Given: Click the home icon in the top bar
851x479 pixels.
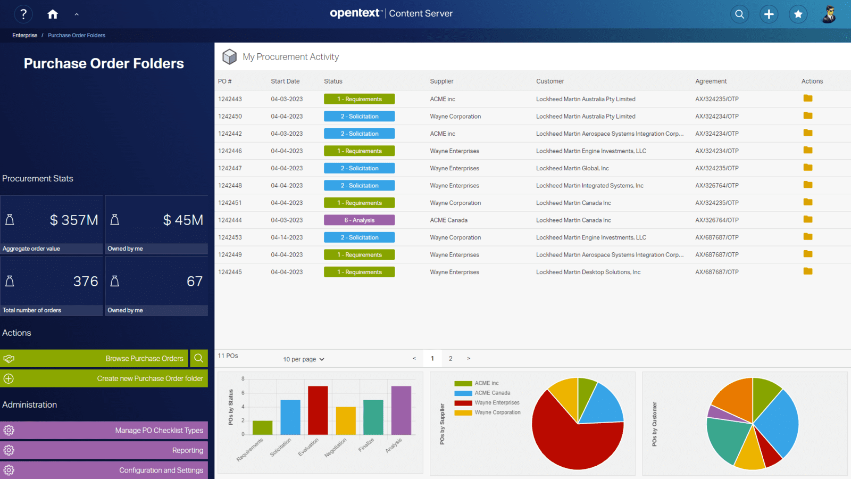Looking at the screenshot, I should (52, 14).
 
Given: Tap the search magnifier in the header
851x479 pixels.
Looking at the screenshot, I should (739, 14).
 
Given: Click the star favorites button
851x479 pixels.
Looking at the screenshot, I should (798, 14).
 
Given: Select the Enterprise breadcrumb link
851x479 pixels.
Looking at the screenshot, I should (25, 36).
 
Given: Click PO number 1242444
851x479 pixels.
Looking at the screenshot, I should (230, 220).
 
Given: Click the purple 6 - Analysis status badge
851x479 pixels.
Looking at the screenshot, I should (359, 220).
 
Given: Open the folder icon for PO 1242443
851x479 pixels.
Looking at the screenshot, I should (808, 98).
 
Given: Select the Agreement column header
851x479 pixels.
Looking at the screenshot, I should (711, 81).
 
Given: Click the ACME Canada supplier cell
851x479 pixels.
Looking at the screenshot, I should (448, 220).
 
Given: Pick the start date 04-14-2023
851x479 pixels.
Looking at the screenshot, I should (287, 237).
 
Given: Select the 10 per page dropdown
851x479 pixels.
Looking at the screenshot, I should (304, 359).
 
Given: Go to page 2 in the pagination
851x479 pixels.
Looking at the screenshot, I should (450, 359).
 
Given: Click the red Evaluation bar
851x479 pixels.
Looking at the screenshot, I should (318, 410).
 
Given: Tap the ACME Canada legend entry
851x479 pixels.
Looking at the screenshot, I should (491, 393).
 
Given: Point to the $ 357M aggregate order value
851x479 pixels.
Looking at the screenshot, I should (73, 220).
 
